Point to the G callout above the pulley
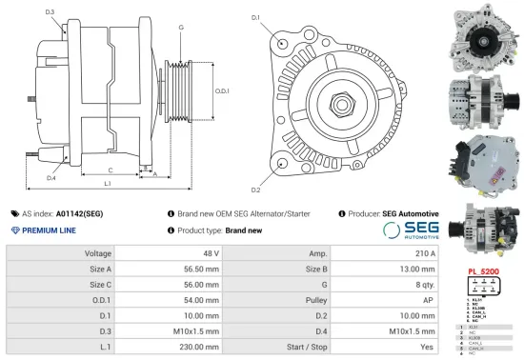coord(181,27)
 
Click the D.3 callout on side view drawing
coord(50,11)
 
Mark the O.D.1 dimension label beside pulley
coord(221,90)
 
